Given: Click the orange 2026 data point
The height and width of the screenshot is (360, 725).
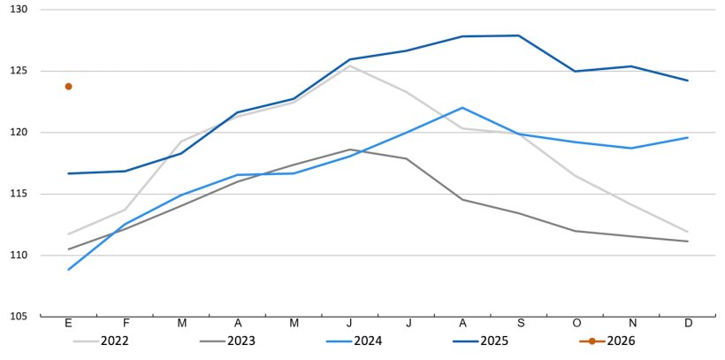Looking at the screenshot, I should coord(68,87).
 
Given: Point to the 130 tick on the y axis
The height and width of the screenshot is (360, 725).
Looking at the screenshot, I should coord(19,10).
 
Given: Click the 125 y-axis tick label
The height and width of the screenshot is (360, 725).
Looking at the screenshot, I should coord(19,71).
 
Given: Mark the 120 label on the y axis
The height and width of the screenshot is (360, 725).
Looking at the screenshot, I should coord(19,133).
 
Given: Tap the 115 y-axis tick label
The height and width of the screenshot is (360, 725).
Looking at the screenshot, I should coord(19,194).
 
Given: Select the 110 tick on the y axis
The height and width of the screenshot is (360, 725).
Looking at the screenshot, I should coord(19,256).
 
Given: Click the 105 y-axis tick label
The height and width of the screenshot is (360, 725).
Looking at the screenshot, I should coord(19,317).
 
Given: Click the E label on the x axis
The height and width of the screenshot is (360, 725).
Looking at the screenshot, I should coord(68,324).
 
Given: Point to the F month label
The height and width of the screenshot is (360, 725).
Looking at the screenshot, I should coord(125,324).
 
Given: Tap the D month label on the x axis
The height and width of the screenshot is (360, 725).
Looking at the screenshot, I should coord(688,324).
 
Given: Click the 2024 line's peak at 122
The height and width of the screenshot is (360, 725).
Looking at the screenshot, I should coord(462,108).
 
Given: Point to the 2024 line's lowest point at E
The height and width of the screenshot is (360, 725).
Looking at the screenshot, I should coord(68,270).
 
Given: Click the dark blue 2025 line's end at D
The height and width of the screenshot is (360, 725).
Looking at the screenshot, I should coord(688,80).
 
